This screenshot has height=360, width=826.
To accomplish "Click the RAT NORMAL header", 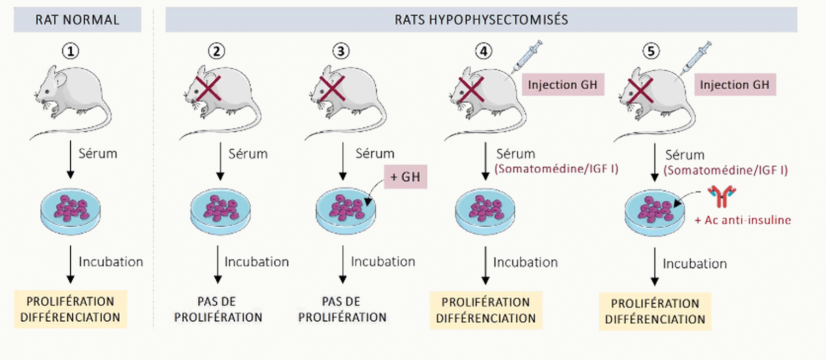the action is pyautogui.click(x=77, y=20).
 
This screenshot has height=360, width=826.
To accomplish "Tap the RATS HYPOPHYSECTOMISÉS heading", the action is pyautogui.click(x=481, y=20).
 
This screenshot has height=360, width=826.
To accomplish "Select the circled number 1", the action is pyautogui.click(x=70, y=51).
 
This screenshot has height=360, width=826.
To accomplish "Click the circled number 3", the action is pyautogui.click(x=341, y=51).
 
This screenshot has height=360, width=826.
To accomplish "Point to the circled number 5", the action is pyautogui.click(x=651, y=51).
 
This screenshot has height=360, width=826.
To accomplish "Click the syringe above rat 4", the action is pyautogui.click(x=527, y=56).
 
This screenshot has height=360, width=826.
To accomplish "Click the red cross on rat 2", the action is pyautogui.click(x=209, y=88).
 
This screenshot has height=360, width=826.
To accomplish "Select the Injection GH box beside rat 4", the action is pyautogui.click(x=563, y=85).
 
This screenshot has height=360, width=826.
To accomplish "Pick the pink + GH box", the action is pyautogui.click(x=406, y=177).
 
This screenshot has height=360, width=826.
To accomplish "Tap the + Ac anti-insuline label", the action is pyautogui.click(x=743, y=220).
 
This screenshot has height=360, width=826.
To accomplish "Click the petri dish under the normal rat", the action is pyautogui.click(x=70, y=212).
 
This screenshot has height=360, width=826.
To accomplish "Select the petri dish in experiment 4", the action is pyautogui.click(x=485, y=212).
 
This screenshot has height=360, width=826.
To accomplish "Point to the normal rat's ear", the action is pyautogui.click(x=60, y=79).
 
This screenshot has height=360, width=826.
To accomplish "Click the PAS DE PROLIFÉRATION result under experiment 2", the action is pyautogui.click(x=218, y=309).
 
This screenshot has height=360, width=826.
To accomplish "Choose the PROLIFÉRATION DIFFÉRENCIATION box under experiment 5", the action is pyautogui.click(x=655, y=311).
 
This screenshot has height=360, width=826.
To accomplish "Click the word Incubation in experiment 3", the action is pyautogui.click(x=383, y=261).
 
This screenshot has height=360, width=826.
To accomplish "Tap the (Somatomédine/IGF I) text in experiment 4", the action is pyautogui.click(x=557, y=168).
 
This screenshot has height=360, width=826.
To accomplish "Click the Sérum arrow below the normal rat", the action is pyautogui.click(x=70, y=160).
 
